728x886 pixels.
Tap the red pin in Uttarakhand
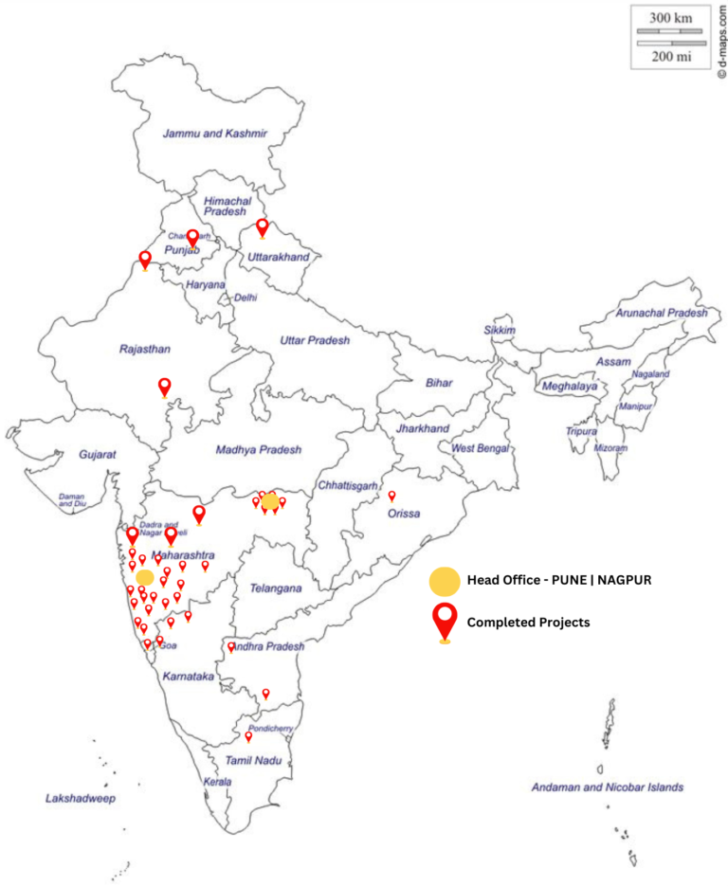pyautogui.click(x=263, y=227)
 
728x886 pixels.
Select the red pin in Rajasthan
pyautogui.click(x=165, y=386)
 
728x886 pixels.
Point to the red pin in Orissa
pyautogui.click(x=391, y=496)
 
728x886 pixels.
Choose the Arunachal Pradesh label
pyautogui.click(x=662, y=313)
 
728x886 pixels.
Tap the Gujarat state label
pyautogui.click(x=97, y=455)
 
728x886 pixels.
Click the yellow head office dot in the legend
pyautogui.click(x=444, y=580)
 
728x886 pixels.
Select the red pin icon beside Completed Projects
pyautogui.click(x=444, y=622)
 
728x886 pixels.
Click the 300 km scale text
pyautogui.click(x=669, y=17)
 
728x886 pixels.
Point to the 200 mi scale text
pyautogui.click(x=669, y=57)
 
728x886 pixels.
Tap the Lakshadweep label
pyautogui.click(x=80, y=799)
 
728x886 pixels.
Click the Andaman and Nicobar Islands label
pyautogui.click(x=607, y=787)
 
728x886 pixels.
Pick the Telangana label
pyautogui.click(x=276, y=588)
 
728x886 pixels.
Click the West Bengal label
pyautogui.click(x=481, y=448)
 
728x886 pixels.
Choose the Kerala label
pyautogui.click(x=217, y=783)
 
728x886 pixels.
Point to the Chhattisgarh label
pyautogui.click(x=348, y=484)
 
